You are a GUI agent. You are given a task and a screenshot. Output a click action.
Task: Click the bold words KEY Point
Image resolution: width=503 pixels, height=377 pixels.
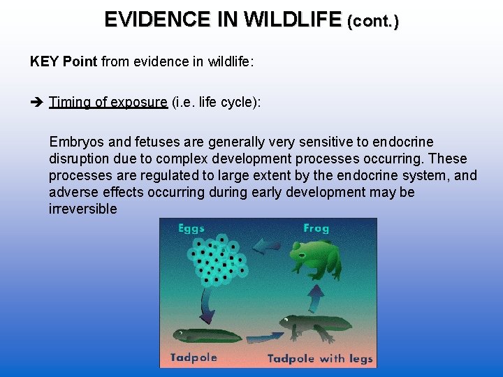pos(64,61)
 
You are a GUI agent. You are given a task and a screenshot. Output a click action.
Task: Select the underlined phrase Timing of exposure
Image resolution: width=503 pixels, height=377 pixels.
pos(108,103)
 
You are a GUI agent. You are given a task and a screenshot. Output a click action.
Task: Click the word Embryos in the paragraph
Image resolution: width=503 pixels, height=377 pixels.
pos(73,142)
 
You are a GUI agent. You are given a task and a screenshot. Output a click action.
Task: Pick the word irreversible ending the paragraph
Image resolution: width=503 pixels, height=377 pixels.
pos(82,209)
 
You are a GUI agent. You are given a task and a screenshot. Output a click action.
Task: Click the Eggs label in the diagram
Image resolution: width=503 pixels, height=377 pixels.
pos(191,229)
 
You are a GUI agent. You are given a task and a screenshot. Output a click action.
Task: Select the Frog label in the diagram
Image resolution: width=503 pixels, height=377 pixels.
pos(316,228)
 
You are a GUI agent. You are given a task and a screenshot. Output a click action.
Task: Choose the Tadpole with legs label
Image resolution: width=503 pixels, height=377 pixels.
pos(321,359)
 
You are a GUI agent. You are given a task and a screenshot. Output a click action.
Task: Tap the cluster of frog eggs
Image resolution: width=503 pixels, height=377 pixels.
pos(217,259)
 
